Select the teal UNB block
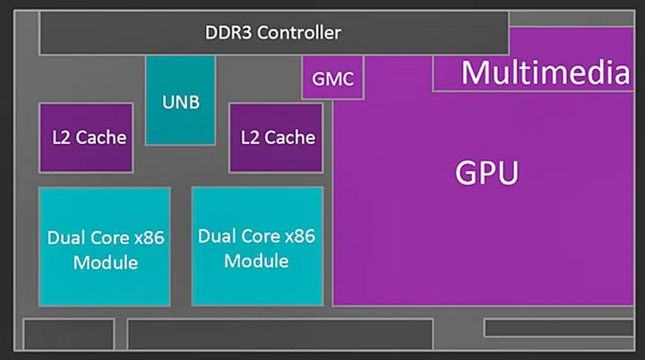point(180,99)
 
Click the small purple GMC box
point(332,80)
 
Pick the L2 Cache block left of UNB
point(86,137)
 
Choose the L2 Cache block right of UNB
point(275,137)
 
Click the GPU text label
point(486,173)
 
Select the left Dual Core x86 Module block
point(104,246)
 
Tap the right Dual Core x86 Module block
point(256,246)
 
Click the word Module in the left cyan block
point(106,262)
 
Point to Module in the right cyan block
point(256,261)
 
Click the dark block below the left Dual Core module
point(68,334)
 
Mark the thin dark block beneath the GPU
point(563,328)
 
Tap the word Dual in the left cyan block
point(65,239)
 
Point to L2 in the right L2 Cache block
point(251,138)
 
